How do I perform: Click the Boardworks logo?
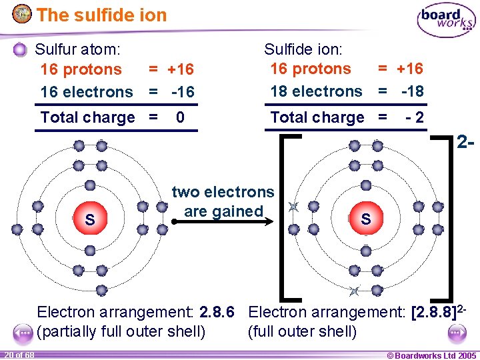(x=445, y=21)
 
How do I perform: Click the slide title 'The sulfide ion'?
(x=101, y=15)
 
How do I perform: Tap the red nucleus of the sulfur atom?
(x=89, y=219)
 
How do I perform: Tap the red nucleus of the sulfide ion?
(x=365, y=218)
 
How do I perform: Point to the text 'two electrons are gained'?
(x=223, y=202)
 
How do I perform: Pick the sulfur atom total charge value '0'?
(x=180, y=117)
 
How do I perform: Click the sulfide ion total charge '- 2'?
(x=415, y=117)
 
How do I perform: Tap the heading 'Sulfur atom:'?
(x=78, y=49)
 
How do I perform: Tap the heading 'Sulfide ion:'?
(x=303, y=49)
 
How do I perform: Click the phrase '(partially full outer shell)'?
(x=121, y=331)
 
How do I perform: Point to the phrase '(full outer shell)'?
(x=302, y=331)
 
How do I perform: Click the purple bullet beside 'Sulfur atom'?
(x=21, y=49)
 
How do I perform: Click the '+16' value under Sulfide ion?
(x=409, y=69)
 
